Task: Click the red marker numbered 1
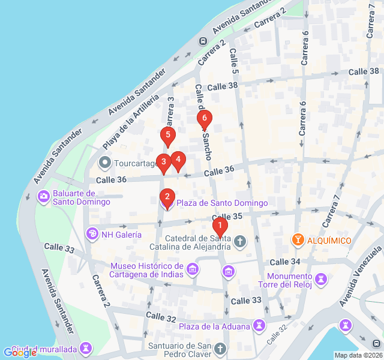pyautogui.click(x=220, y=227)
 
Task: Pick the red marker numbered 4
pyautogui.click(x=178, y=160)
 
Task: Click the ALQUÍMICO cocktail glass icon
pyautogui.click(x=297, y=240)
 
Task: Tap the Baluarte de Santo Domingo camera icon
pyautogui.click(x=44, y=196)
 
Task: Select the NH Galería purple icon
pyautogui.click(x=92, y=234)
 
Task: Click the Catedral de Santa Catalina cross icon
pyautogui.click(x=240, y=241)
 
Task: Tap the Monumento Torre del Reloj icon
pyautogui.click(x=322, y=279)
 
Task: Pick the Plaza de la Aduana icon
pyautogui.click(x=259, y=325)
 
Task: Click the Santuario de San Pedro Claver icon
pyautogui.click(x=220, y=349)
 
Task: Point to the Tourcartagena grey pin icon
pyautogui.click(x=105, y=163)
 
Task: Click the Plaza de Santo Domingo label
pyautogui.click(x=222, y=203)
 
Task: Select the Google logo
pyautogui.click(x=20, y=353)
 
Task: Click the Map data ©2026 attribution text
pyautogui.click(x=357, y=355)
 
